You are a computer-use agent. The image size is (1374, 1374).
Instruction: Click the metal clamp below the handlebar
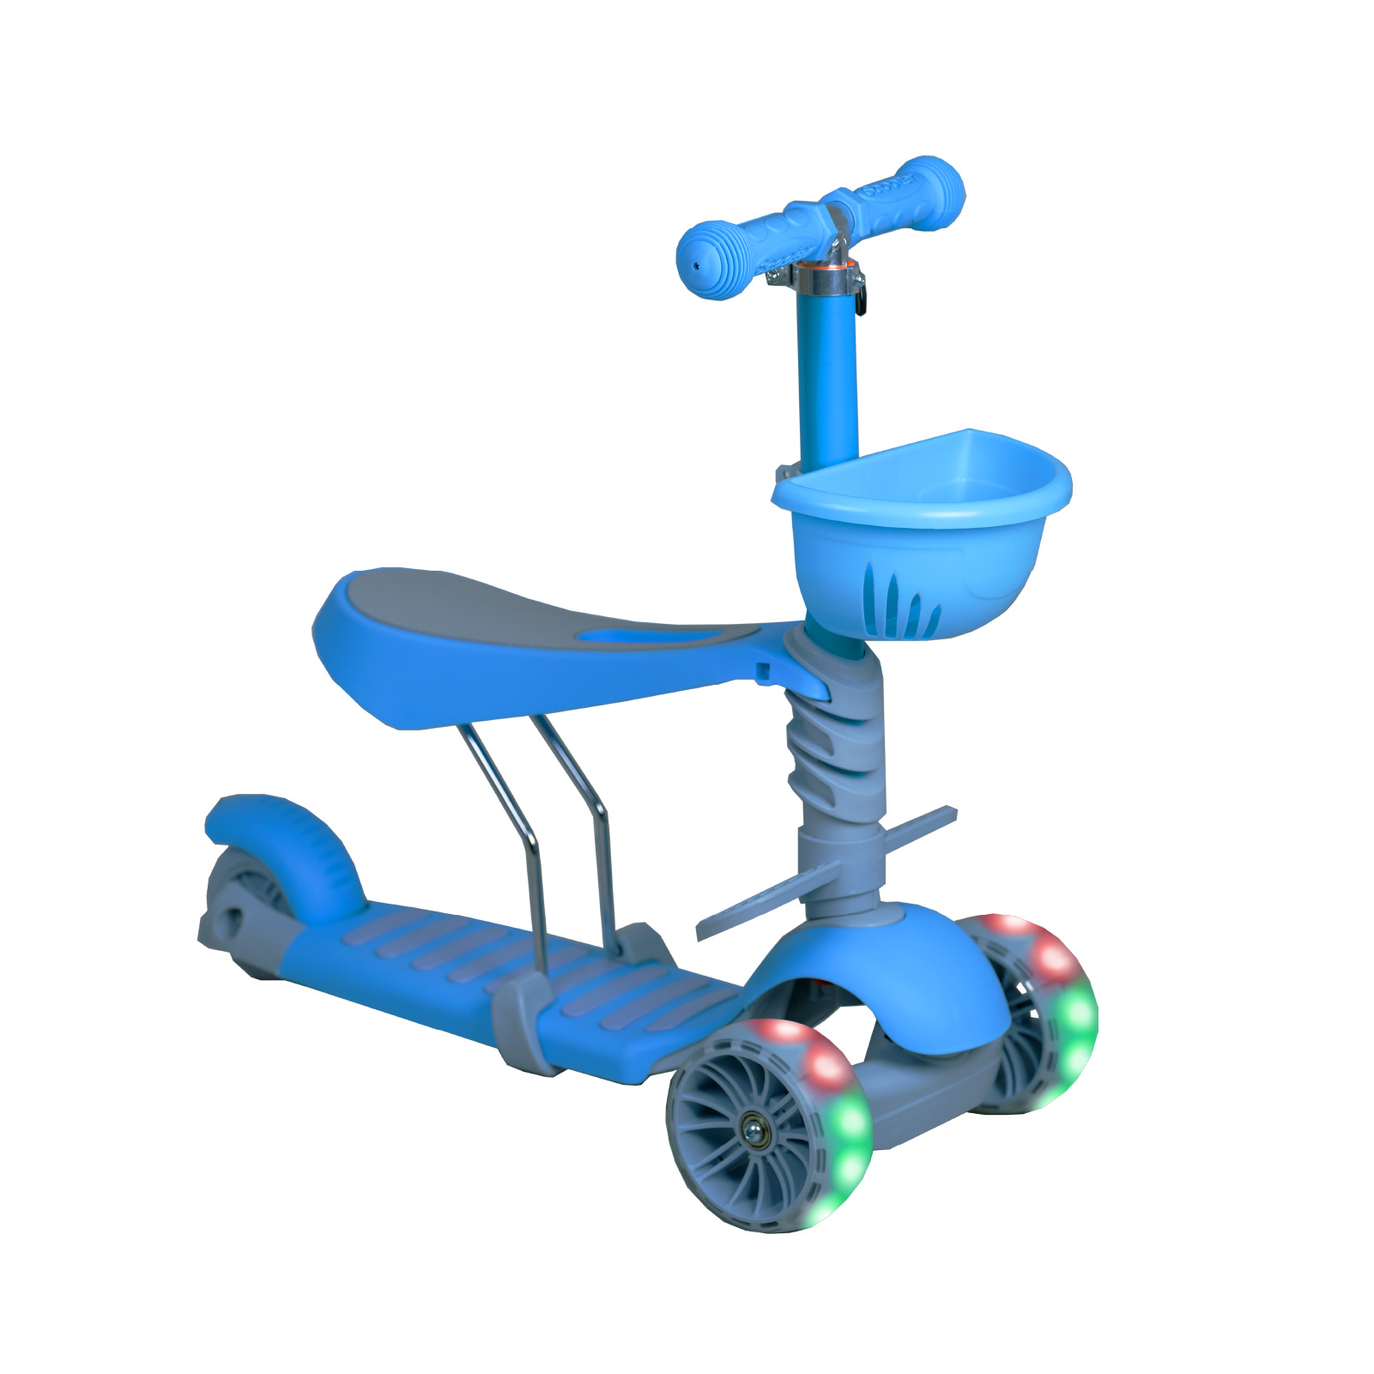826,276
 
